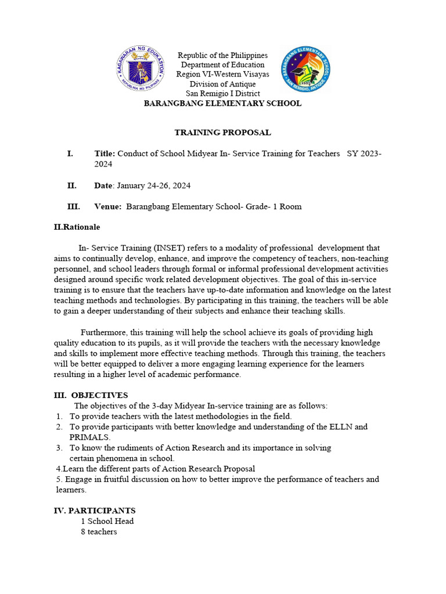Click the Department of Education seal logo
pyautogui.click(x=140, y=70)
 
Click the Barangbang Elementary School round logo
pyautogui.click(x=305, y=69)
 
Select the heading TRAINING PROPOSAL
pyautogui.click(x=222, y=132)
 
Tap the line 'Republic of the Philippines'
pyautogui.click(x=222, y=55)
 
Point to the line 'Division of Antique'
pyautogui.click(x=222, y=84)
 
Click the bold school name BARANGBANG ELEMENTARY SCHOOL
pyautogui.click(x=222, y=103)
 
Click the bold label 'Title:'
pyautogui.click(x=105, y=154)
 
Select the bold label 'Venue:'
pyautogui.click(x=108, y=207)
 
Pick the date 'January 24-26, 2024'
pyautogui.click(x=153, y=186)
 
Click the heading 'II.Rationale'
pyautogui.click(x=77, y=227)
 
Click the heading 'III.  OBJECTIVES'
pyautogui.click(x=91, y=395)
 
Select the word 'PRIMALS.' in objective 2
pyautogui.click(x=89, y=437)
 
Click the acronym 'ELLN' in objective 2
pyautogui.click(x=340, y=427)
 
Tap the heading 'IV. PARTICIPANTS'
pyautogui.click(x=95, y=510)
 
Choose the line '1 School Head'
pyautogui.click(x=107, y=521)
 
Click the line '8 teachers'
pyautogui.click(x=99, y=531)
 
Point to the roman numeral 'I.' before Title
pyautogui.click(x=70, y=154)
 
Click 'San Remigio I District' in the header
pyautogui.click(x=222, y=93)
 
